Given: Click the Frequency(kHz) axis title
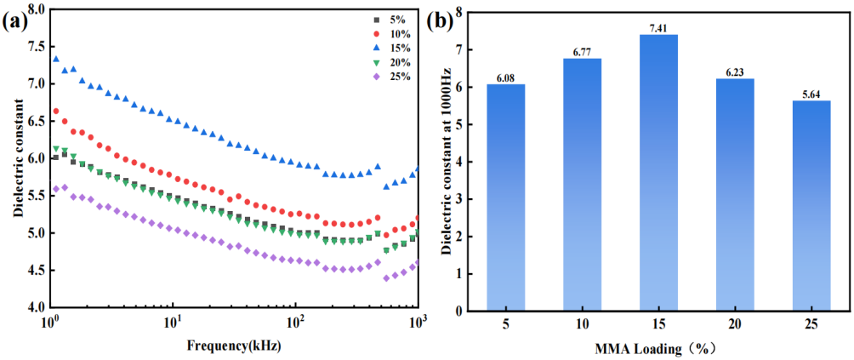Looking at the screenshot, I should click(x=235, y=346).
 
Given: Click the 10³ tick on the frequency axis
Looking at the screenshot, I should click(x=417, y=324).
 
